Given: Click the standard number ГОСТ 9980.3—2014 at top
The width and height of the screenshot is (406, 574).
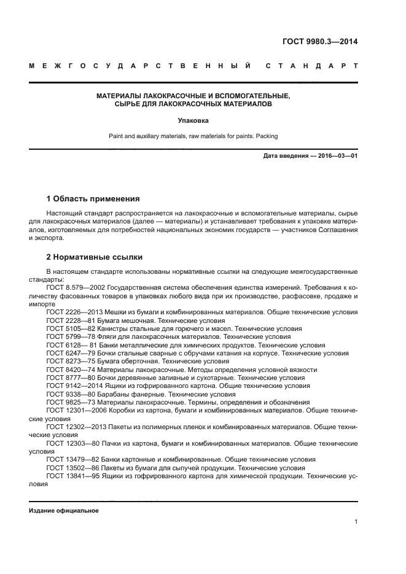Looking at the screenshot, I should click(319, 42).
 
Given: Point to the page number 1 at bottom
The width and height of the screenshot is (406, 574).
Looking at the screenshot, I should click(356, 522).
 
